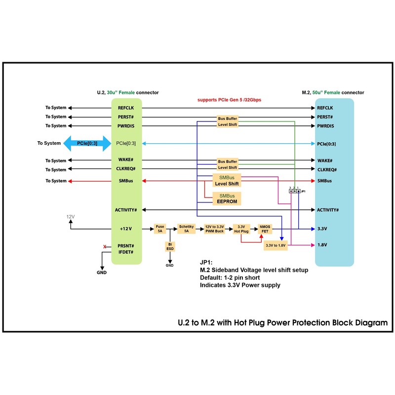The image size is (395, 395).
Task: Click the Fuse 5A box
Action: [160, 229]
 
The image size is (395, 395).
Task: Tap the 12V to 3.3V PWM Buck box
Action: [215, 229]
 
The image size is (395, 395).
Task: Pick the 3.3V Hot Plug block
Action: [240, 229]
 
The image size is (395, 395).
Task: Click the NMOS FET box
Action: [265, 229]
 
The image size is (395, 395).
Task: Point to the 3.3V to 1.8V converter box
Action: [276, 245]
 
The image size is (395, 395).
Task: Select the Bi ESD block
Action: [170, 247]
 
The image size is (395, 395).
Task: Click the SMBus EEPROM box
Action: [227, 198]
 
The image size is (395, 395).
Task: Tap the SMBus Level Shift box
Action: [227, 180]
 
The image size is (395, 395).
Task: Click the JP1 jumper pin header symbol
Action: [295, 191]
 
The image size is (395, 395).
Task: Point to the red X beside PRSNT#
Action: [104, 246]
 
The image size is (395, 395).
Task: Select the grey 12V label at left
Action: [71, 217]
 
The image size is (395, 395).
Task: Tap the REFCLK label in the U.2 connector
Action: [126, 108]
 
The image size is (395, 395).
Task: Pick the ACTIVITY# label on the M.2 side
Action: [328, 210]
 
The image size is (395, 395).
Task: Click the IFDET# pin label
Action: [126, 252]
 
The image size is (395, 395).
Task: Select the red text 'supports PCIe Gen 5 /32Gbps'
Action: [229, 100]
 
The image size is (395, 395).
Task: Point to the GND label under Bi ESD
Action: [170, 266]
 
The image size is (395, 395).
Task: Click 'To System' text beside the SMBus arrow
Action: [56, 181]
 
